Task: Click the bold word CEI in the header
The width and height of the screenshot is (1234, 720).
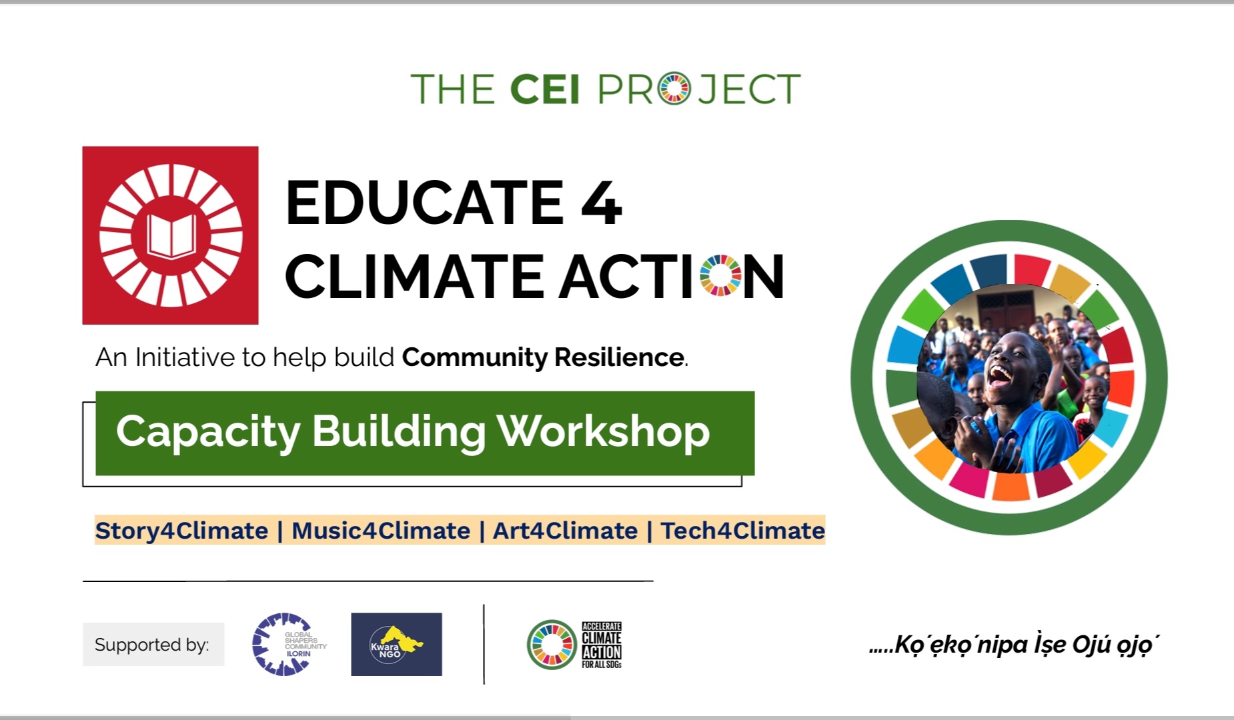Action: (x=544, y=89)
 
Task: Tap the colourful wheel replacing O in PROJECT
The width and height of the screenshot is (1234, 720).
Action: (x=674, y=89)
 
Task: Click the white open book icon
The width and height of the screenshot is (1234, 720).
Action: (x=171, y=235)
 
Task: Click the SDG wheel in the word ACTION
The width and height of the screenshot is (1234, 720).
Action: (x=720, y=275)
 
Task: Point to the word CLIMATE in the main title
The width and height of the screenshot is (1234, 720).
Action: (x=414, y=276)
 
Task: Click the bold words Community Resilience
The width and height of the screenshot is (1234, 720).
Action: (x=542, y=358)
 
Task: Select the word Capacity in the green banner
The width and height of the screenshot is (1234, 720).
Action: (x=207, y=432)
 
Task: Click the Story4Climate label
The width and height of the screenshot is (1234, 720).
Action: (x=181, y=531)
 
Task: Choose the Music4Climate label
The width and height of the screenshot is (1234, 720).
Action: (x=381, y=531)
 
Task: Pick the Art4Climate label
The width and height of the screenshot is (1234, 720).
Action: (x=565, y=531)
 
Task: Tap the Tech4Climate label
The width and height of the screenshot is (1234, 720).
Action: (x=742, y=531)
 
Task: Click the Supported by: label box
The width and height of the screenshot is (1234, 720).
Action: (x=153, y=645)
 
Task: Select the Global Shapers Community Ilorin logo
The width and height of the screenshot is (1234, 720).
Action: (x=288, y=644)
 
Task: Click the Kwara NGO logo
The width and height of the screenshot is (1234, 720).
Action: (x=396, y=644)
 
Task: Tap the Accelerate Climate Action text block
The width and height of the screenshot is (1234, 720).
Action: (x=601, y=645)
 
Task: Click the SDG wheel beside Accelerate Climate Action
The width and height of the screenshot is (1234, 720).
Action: (x=552, y=645)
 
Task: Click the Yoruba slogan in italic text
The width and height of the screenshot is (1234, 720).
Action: (x=1014, y=645)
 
